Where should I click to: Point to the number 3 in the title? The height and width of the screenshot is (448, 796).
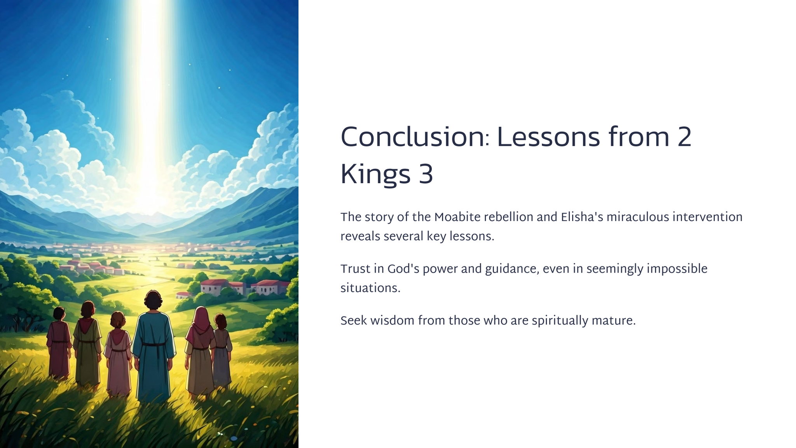[426, 174]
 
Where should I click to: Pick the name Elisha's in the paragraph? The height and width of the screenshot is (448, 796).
[582, 217]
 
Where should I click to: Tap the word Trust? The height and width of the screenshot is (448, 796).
[355, 269]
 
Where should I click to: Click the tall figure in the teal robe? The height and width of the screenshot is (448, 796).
[154, 346]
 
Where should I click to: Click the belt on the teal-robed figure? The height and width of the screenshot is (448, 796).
[154, 344]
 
